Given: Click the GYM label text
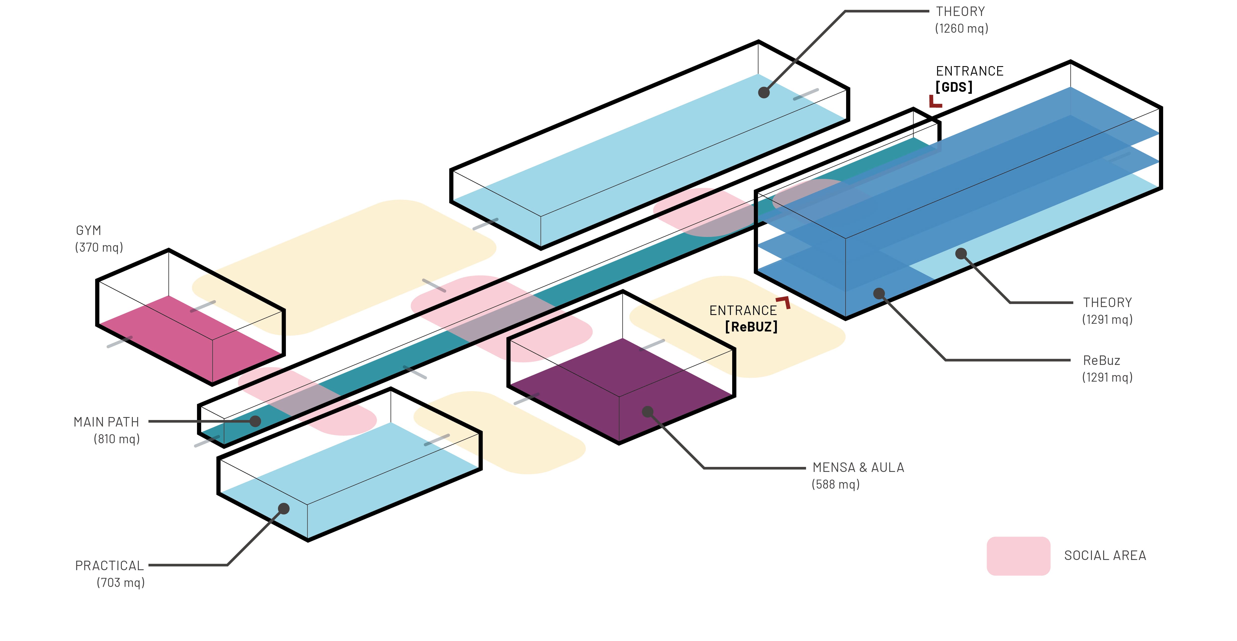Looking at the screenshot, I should pos(88,231).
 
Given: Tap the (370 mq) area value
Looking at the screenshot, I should pos(99,247).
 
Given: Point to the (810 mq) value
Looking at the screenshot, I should pos(117,439).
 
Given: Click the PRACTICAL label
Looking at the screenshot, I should pos(109,566).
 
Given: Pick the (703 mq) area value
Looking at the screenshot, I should pos(120,582).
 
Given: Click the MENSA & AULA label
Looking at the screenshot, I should pos(858,468).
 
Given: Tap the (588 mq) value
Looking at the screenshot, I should pos(836,484).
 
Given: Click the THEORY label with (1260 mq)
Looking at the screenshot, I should pos(960,11).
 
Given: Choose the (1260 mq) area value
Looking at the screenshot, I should pos(961,28).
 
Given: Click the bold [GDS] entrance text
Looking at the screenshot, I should pos(954,87).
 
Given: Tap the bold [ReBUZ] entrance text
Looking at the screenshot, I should pos(751,327).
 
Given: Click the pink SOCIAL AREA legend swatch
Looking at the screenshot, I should pos(1018,556).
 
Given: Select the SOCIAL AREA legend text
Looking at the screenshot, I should pos(1105,555).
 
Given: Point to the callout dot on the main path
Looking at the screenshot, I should pos(256,422).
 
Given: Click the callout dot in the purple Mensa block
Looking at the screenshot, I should pos(647,412).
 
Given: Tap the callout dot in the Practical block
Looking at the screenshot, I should pos(284,508).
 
